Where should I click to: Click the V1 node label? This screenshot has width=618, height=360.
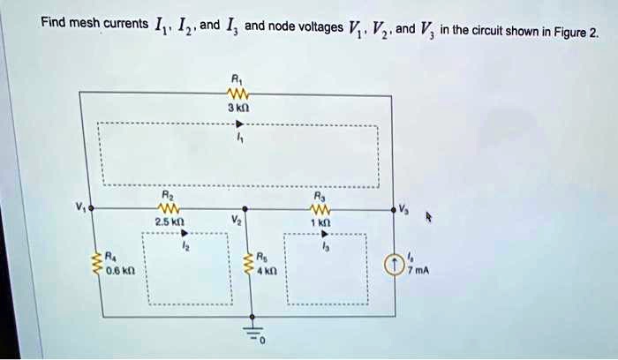tap(81, 208)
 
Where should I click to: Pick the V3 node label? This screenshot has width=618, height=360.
tap(405, 208)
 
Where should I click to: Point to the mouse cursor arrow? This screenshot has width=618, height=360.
tap(431, 215)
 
